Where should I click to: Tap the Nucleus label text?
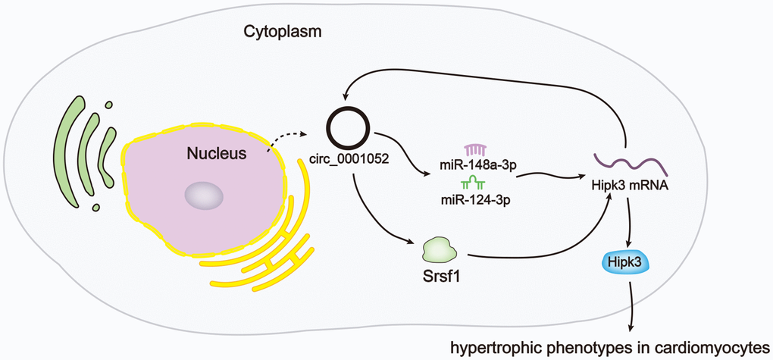pos(216,155)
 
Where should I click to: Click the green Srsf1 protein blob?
pos(440,249)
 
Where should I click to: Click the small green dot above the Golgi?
pos(109,104)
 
